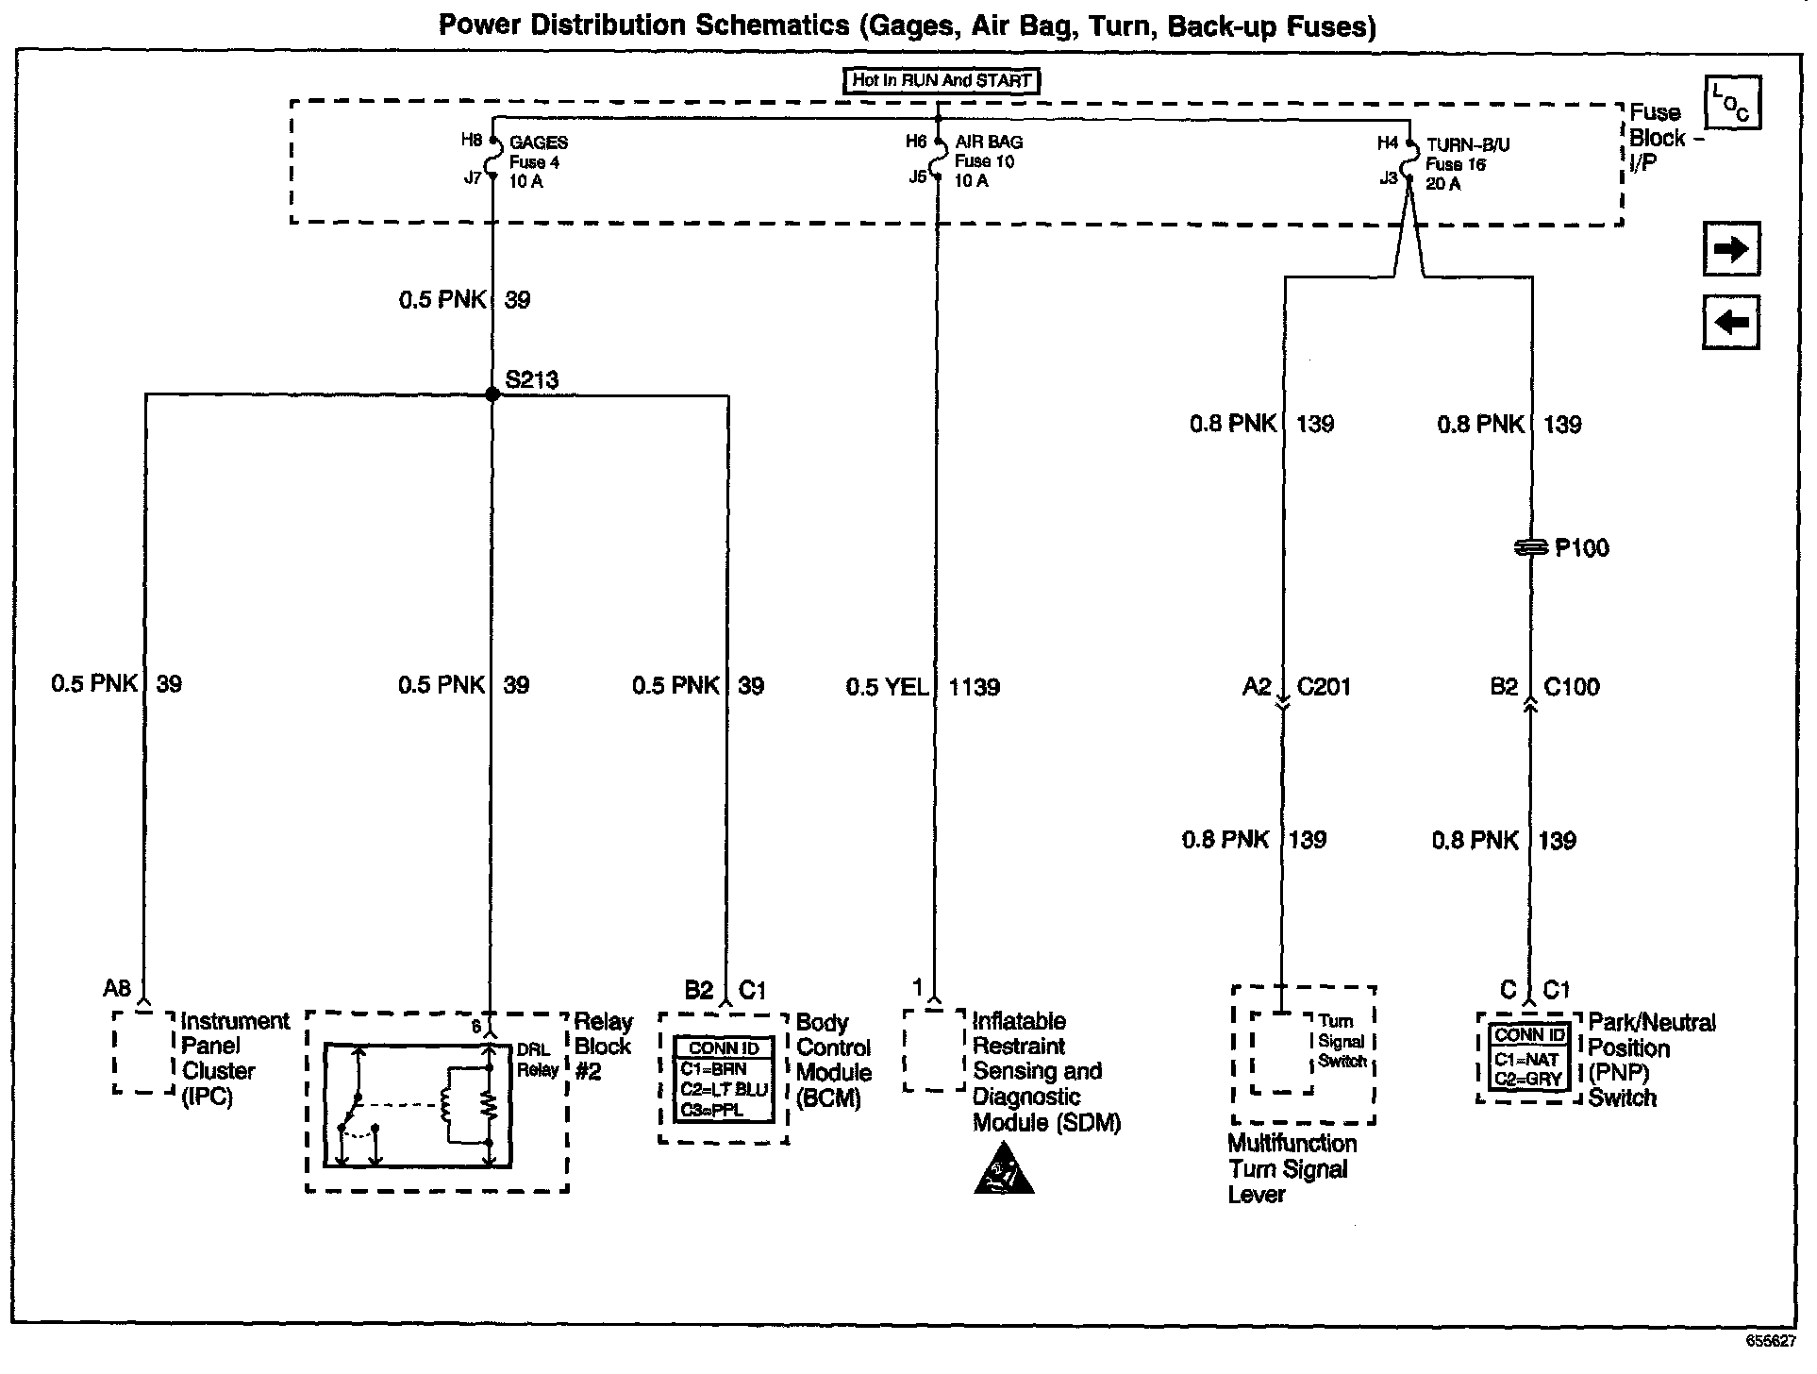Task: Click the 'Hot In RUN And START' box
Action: pos(941,80)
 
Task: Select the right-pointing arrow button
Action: pos(1730,249)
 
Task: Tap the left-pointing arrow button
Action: pos(1730,323)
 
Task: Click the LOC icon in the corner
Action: pos(1732,104)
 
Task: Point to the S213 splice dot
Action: pos(492,394)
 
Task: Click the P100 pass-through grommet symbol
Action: pos(1531,547)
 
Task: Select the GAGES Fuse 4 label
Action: pos(538,161)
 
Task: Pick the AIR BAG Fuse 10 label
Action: pos(988,160)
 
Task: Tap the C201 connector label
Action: pos(1323,687)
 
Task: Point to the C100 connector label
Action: pos(1571,687)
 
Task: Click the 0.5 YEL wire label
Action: pos(886,687)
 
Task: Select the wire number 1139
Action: pos(974,687)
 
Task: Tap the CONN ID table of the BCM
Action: pos(724,1080)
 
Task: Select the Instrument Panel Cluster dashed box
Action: pos(144,1052)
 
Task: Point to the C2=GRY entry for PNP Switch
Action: pos(1528,1079)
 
